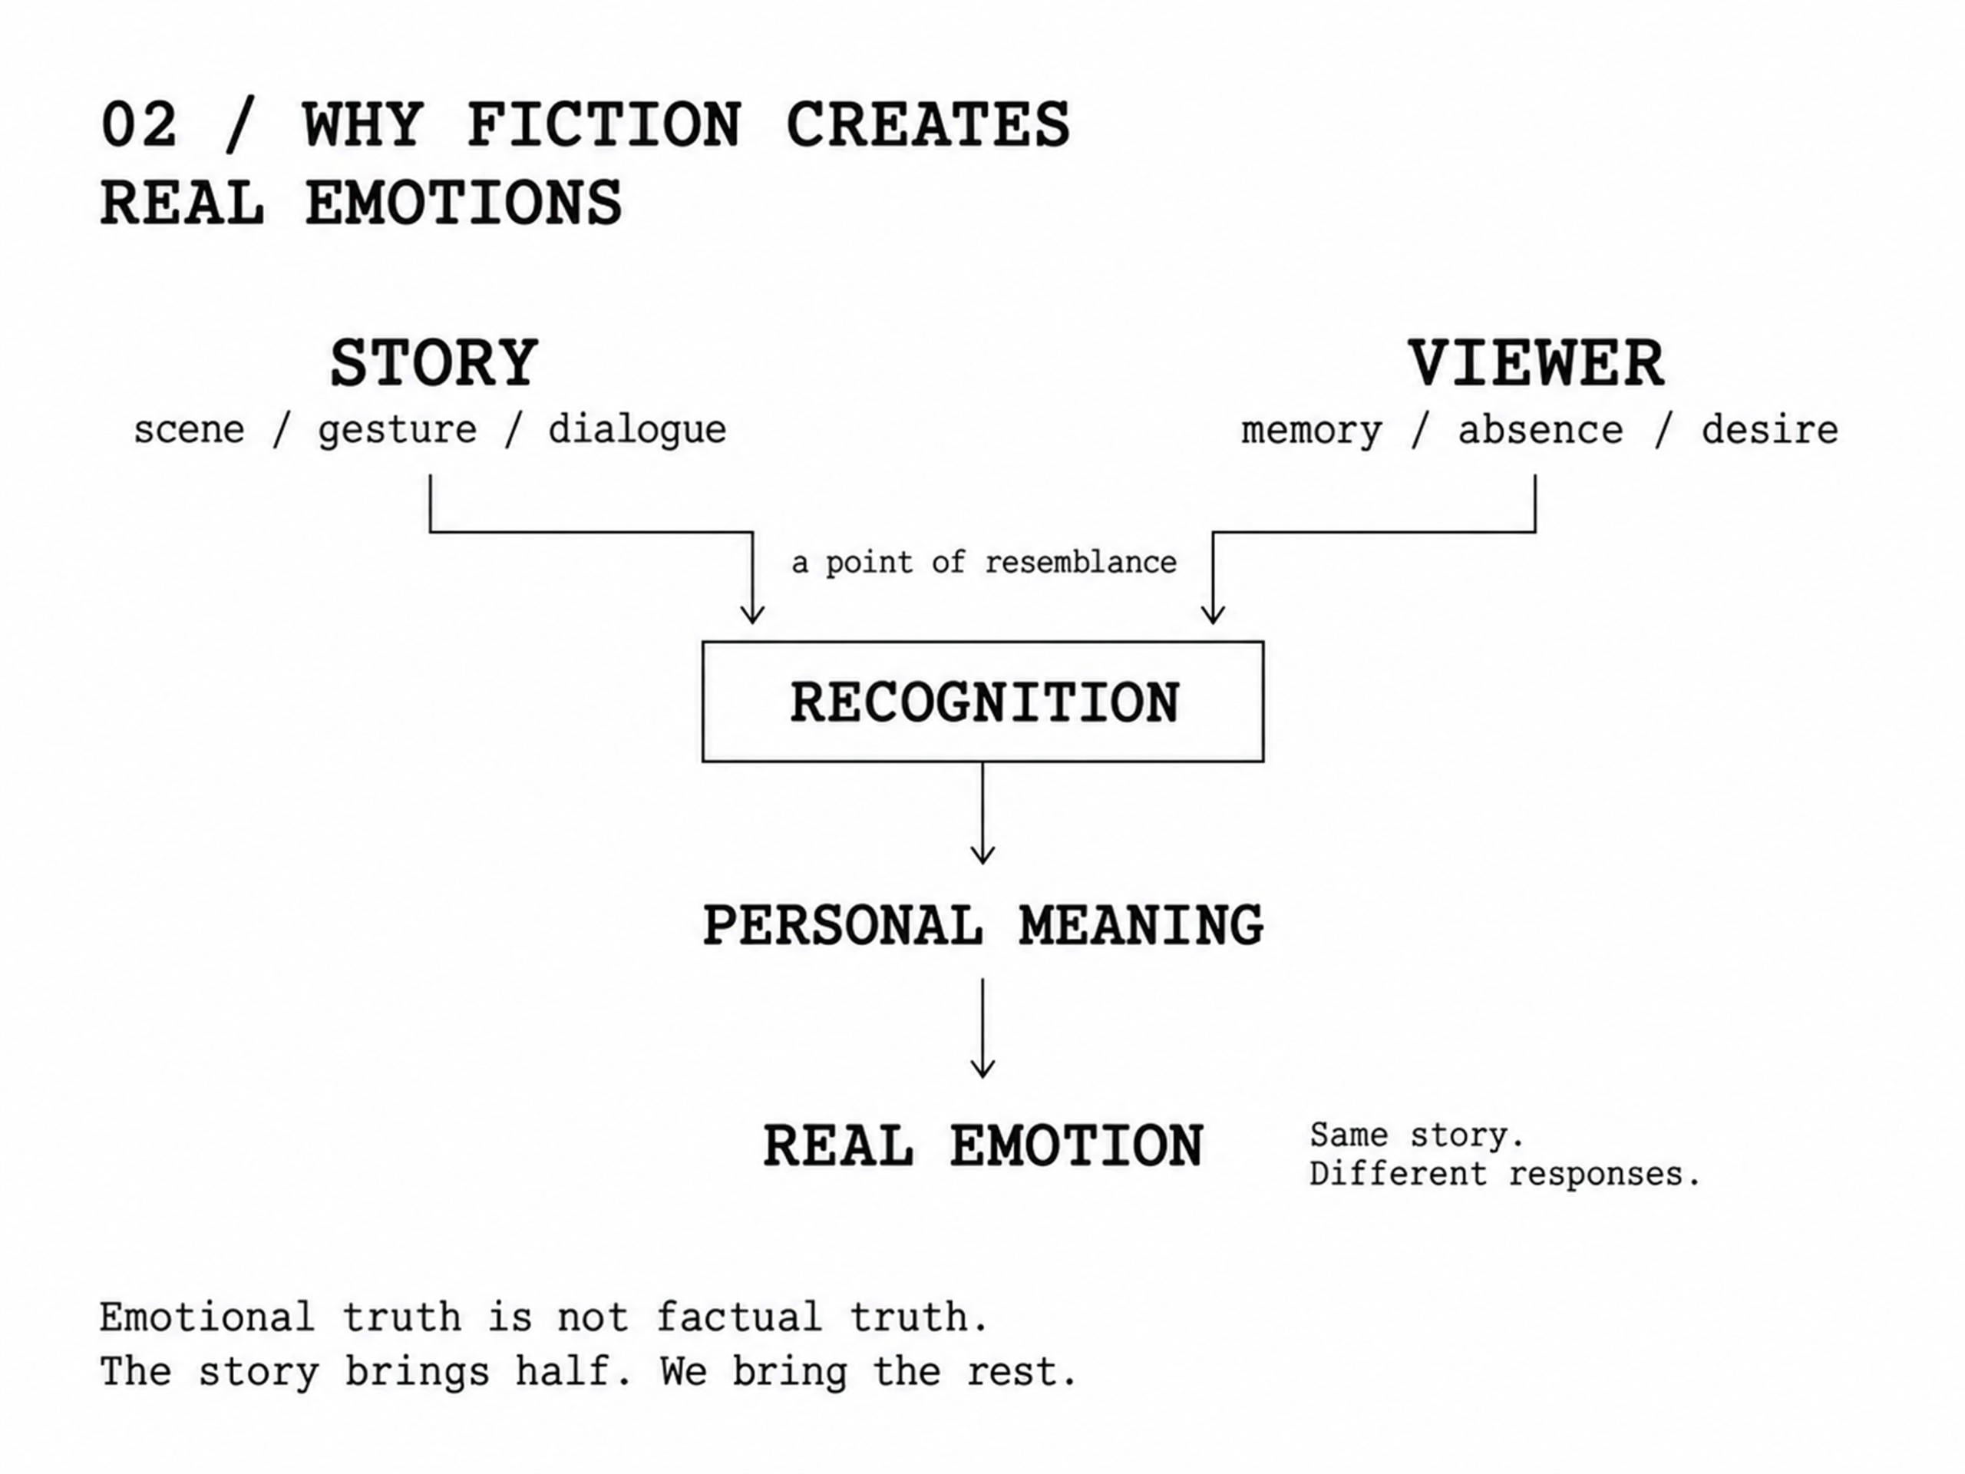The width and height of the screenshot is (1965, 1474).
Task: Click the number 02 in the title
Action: coord(139,124)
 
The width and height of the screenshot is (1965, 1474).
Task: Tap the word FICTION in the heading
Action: coord(604,124)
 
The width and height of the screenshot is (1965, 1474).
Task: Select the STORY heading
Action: coord(434,363)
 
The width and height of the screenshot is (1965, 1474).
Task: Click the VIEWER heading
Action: coord(1536,363)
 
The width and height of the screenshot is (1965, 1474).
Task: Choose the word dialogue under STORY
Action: coord(637,430)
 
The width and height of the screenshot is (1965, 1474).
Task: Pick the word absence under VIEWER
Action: coord(1541,430)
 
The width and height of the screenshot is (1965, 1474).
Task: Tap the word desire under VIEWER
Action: coord(1769,430)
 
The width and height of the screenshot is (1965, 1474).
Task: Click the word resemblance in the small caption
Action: coord(1081,563)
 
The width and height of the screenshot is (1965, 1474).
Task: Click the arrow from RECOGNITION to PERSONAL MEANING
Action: coord(982,813)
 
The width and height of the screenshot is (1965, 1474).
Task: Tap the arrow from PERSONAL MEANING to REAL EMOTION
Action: coord(982,1028)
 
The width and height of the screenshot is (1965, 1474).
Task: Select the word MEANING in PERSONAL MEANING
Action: coord(1141,926)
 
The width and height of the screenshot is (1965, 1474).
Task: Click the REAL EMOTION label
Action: coord(982,1145)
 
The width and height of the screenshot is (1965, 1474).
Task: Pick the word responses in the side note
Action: coord(1604,1175)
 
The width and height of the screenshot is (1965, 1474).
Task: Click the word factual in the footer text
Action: coord(739,1317)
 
